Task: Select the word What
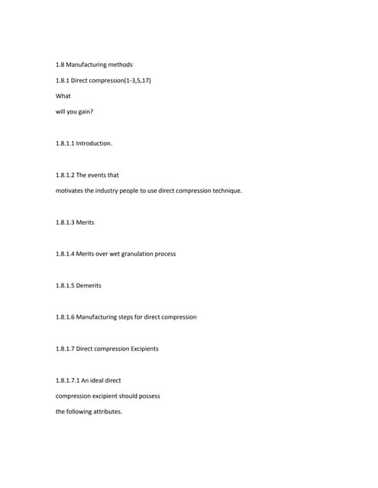(x=63, y=96)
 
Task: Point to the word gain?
(x=84, y=111)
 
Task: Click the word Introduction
(x=94, y=143)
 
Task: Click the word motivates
(x=71, y=191)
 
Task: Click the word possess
(x=148, y=396)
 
